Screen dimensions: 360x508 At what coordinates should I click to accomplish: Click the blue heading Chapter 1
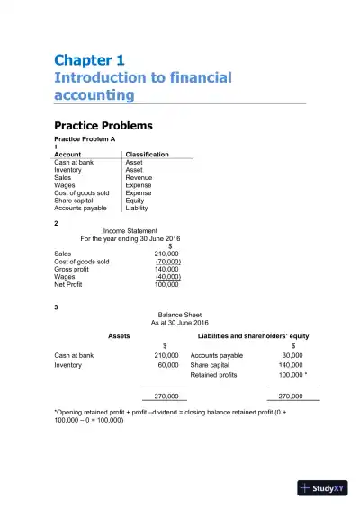coord(89,61)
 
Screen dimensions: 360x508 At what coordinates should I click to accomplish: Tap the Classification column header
coord(147,155)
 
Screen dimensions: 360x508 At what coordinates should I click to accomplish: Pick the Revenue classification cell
coord(139,177)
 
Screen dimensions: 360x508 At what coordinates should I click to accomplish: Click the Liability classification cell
coord(137,208)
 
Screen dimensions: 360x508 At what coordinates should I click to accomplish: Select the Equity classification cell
coord(135,201)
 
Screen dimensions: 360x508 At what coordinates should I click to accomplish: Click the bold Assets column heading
coord(119,336)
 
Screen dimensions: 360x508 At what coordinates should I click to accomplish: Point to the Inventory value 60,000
coord(167,365)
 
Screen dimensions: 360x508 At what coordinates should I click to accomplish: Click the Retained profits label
coord(214,375)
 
